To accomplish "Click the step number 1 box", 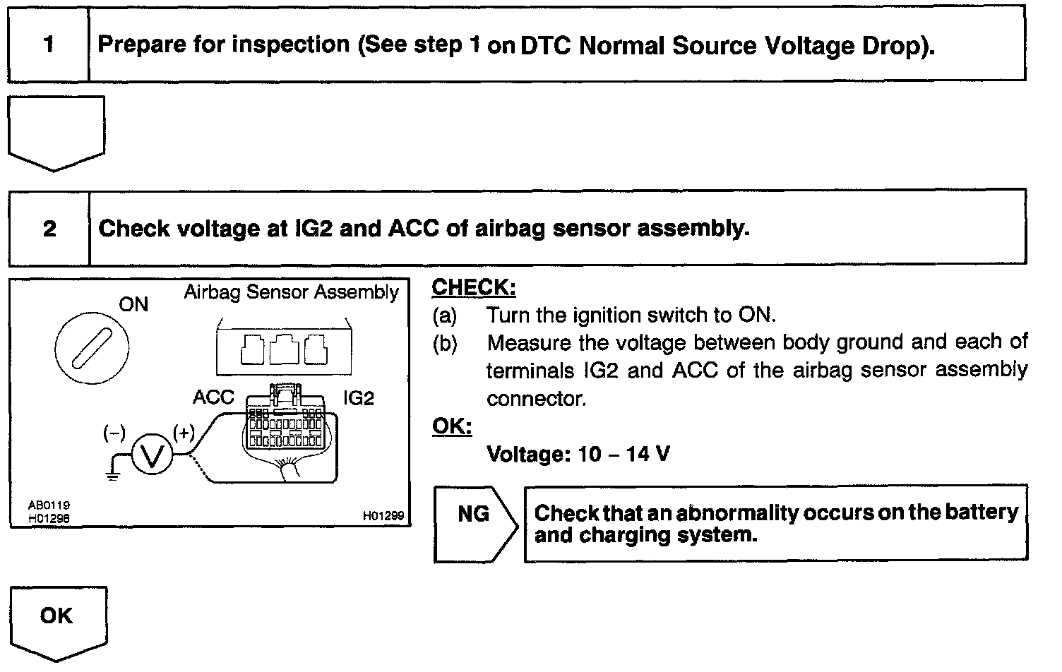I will [48, 44].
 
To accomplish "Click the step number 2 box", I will [49, 229].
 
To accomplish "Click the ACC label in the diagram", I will [213, 397].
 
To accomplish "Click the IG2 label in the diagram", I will [359, 398].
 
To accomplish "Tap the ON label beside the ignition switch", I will [133, 304].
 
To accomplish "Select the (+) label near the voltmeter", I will [184, 432].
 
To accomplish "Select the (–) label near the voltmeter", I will [114, 432].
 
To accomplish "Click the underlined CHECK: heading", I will [473, 287].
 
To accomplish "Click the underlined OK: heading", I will [451, 426].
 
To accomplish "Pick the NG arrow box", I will [475, 523].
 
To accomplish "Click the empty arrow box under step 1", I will [56, 131].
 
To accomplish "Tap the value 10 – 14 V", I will [624, 453].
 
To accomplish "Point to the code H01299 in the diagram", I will [383, 516].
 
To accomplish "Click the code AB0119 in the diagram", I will [49, 505].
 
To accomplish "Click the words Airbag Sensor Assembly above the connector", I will [291, 292].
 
